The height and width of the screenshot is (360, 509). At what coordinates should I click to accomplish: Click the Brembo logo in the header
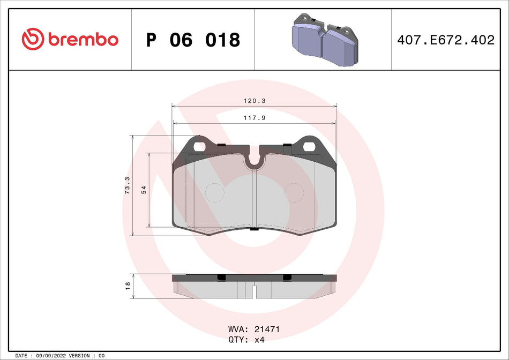[x=70, y=39]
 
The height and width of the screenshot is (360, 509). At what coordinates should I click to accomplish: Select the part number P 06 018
[x=193, y=40]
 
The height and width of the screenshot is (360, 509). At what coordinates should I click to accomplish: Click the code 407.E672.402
[x=446, y=40]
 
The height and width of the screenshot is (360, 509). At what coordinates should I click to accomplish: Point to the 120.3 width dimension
[x=253, y=101]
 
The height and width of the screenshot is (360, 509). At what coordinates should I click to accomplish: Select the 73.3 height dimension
[x=128, y=185]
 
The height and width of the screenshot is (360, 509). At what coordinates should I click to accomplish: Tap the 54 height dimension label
[x=144, y=190]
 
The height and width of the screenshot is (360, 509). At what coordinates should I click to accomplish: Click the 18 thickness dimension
[x=128, y=286]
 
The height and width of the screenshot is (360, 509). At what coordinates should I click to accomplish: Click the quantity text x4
[x=259, y=340]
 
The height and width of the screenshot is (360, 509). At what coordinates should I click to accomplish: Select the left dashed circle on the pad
[x=215, y=193]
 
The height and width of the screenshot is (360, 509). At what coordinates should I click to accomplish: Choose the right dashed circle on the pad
[x=294, y=193]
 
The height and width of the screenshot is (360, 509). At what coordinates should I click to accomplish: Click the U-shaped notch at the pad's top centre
[x=254, y=159]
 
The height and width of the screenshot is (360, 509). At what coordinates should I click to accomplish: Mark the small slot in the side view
[x=254, y=292]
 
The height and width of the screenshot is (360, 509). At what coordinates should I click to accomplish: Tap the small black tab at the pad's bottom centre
[x=254, y=229]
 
